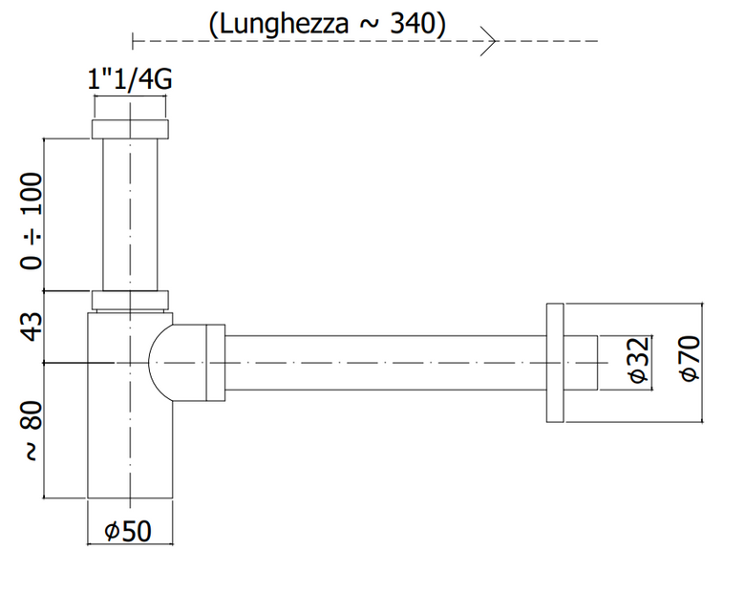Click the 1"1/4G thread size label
[x=130, y=79]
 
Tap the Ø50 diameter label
[x=128, y=531]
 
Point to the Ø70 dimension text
[x=691, y=358]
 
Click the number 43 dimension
[x=32, y=327]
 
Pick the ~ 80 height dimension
[x=32, y=431]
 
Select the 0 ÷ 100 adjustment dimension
[x=32, y=222]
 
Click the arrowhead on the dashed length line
[x=489, y=41]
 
